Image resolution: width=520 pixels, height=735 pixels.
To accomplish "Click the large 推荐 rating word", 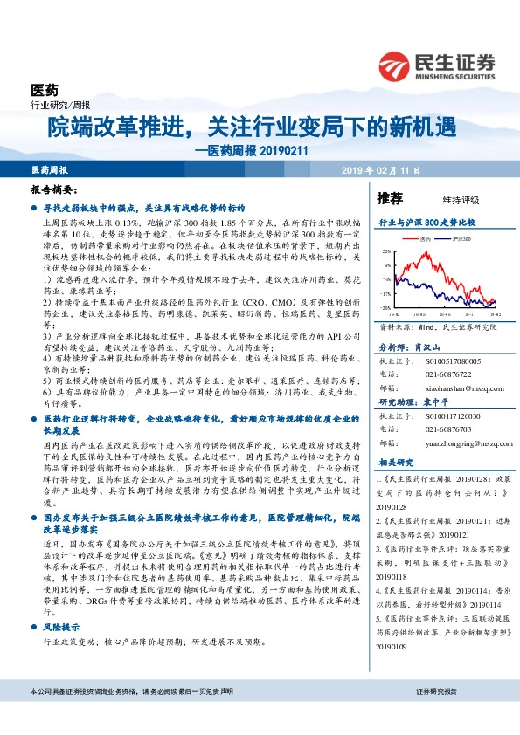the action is coord(389,198).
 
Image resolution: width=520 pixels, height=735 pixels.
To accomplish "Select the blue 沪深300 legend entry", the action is coord(461,237).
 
